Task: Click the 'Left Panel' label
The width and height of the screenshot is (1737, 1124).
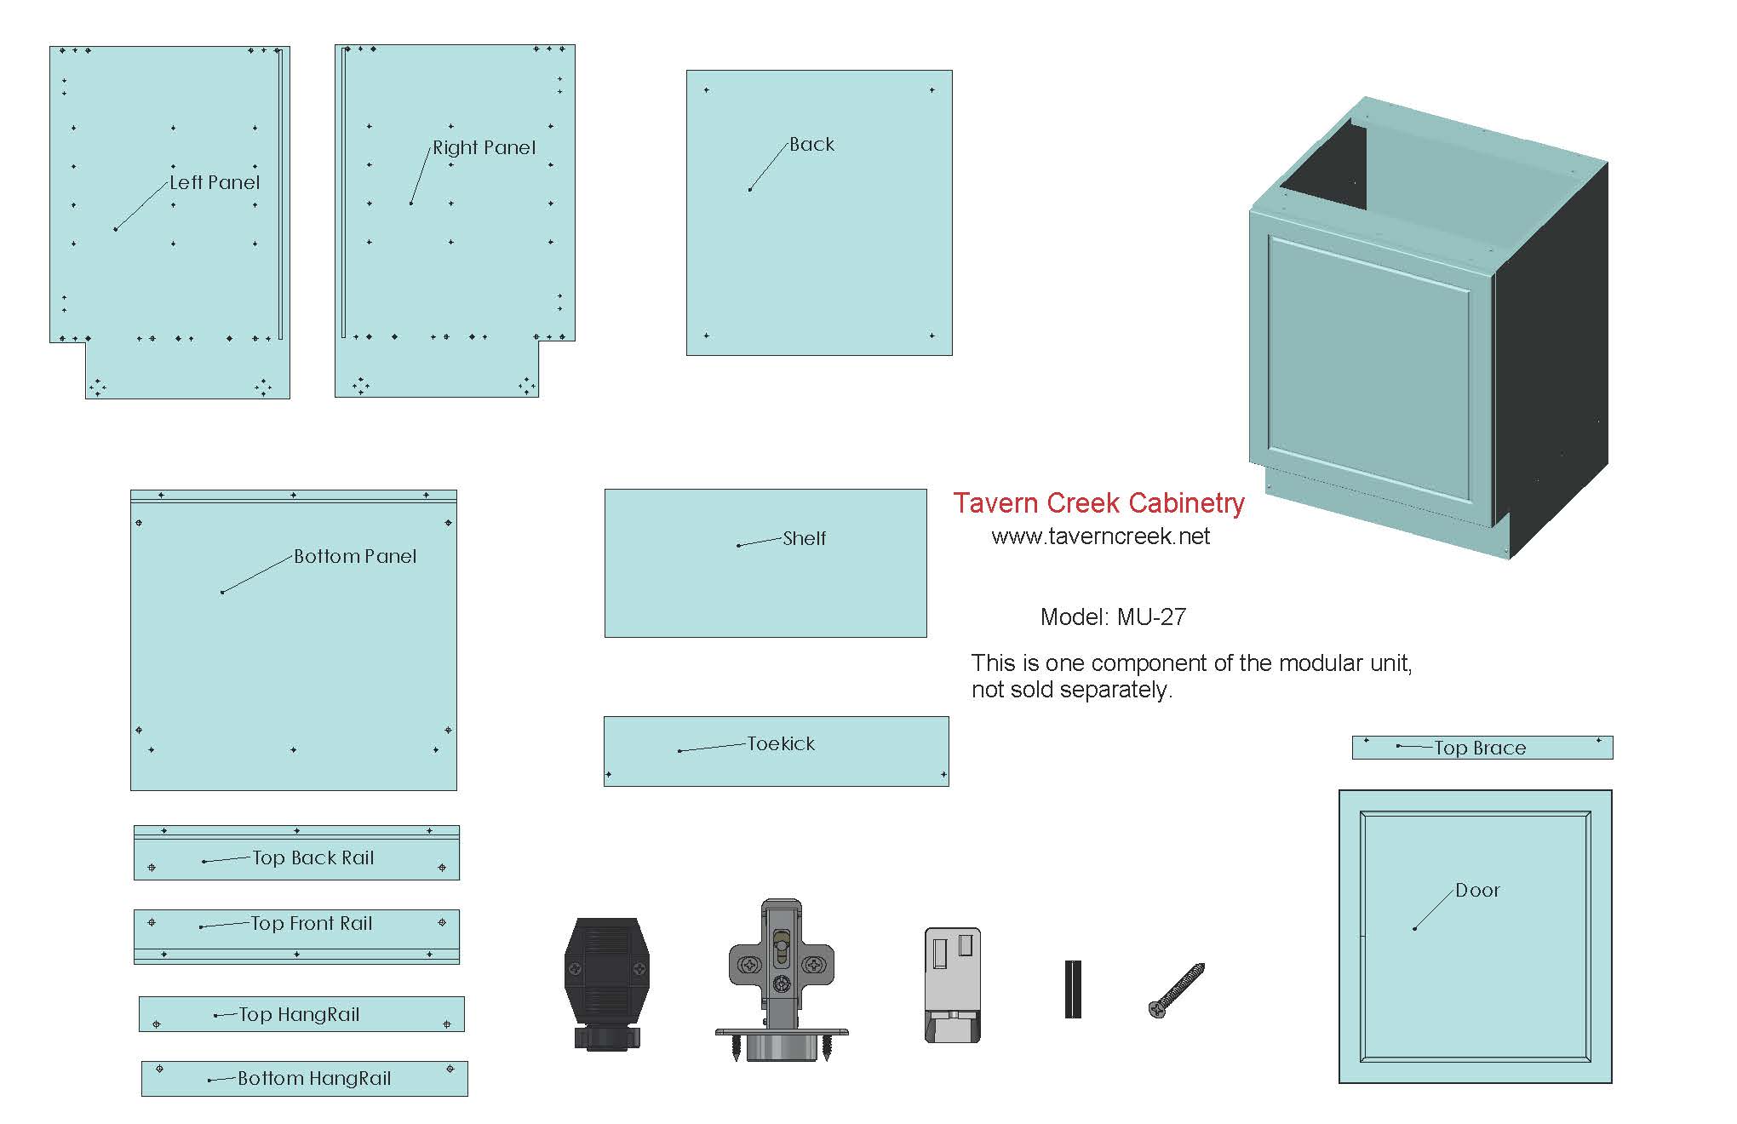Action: pyautogui.click(x=215, y=182)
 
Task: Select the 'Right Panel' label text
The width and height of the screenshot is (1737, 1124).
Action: pyautogui.click(x=484, y=148)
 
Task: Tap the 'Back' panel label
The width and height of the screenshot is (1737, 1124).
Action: pyautogui.click(x=811, y=145)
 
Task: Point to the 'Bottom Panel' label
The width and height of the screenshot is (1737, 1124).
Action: pyautogui.click(x=355, y=557)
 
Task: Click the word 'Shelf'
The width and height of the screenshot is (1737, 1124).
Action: pyautogui.click(x=804, y=538)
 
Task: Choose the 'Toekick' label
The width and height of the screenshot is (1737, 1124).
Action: pyautogui.click(x=781, y=744)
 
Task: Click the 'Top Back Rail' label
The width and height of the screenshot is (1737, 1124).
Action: pyautogui.click(x=312, y=858)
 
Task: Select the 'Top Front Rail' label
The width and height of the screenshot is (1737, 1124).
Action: pyautogui.click(x=311, y=924)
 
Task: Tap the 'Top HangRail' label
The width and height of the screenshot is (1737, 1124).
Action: pyautogui.click(x=299, y=1015)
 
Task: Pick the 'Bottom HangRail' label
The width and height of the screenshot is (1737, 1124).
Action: pyautogui.click(x=314, y=1079)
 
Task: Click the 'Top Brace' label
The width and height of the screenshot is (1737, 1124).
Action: pyautogui.click(x=1480, y=748)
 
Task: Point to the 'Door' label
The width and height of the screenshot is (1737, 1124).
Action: pyautogui.click(x=1477, y=891)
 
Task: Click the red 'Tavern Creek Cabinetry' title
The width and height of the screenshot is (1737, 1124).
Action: pyautogui.click(x=1098, y=503)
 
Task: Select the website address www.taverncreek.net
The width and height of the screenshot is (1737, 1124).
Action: pyautogui.click(x=1100, y=536)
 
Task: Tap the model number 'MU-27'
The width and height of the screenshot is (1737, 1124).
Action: pyautogui.click(x=1151, y=617)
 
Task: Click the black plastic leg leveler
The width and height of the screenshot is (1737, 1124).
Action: pyautogui.click(x=607, y=983)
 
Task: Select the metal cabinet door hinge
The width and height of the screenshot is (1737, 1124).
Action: pyautogui.click(x=782, y=979)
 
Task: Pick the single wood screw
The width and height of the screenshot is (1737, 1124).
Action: pyautogui.click(x=1177, y=989)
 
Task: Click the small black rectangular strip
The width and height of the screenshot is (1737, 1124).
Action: pyautogui.click(x=1073, y=989)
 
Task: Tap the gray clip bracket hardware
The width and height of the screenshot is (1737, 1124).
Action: pyautogui.click(x=952, y=984)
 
